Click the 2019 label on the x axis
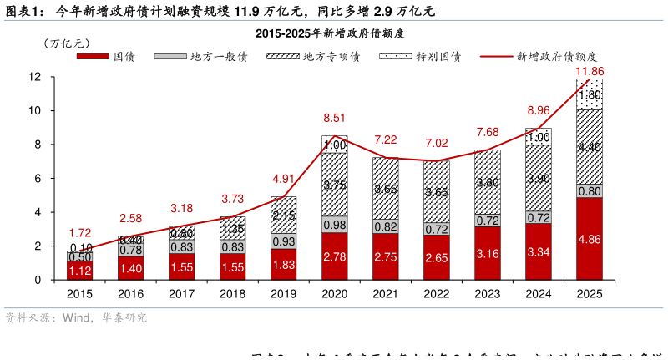284,294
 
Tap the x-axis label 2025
590,294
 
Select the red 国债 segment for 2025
590,239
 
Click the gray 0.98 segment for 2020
334,224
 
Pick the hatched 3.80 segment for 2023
488,181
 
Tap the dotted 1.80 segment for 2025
590,94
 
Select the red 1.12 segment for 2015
80,270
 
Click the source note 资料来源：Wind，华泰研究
75,318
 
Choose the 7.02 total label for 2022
437,143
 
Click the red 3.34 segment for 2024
539,251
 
